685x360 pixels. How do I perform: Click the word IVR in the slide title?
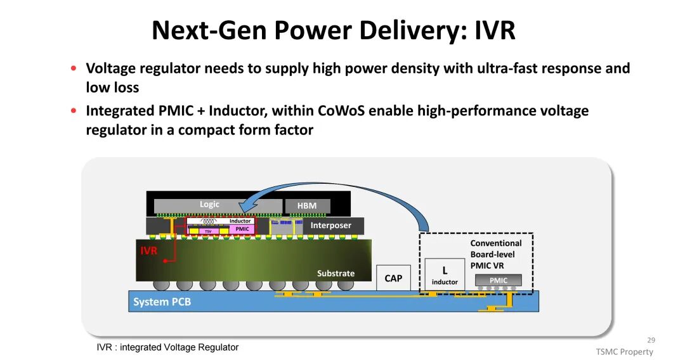click(x=495, y=30)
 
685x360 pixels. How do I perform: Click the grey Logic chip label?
click(x=209, y=205)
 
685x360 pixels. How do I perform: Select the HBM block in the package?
click(x=307, y=206)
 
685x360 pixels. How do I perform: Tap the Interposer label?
click(x=330, y=226)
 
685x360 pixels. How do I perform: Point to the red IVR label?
click(x=148, y=251)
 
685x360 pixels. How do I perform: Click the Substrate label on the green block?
click(x=336, y=273)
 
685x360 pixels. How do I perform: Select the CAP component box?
click(x=393, y=278)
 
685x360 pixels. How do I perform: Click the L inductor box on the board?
click(x=445, y=274)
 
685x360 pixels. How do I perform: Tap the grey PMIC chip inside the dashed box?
click(x=499, y=280)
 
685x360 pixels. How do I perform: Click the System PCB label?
click(x=162, y=302)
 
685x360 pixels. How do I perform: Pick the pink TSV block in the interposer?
click(x=207, y=231)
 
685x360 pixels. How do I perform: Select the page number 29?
click(x=651, y=340)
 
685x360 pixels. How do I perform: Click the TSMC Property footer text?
click(x=624, y=352)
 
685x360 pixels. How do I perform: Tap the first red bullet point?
click(x=74, y=68)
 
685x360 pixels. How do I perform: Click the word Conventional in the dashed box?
click(x=496, y=243)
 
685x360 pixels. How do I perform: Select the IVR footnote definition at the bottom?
click(x=167, y=347)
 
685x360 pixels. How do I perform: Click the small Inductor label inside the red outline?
click(x=240, y=221)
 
